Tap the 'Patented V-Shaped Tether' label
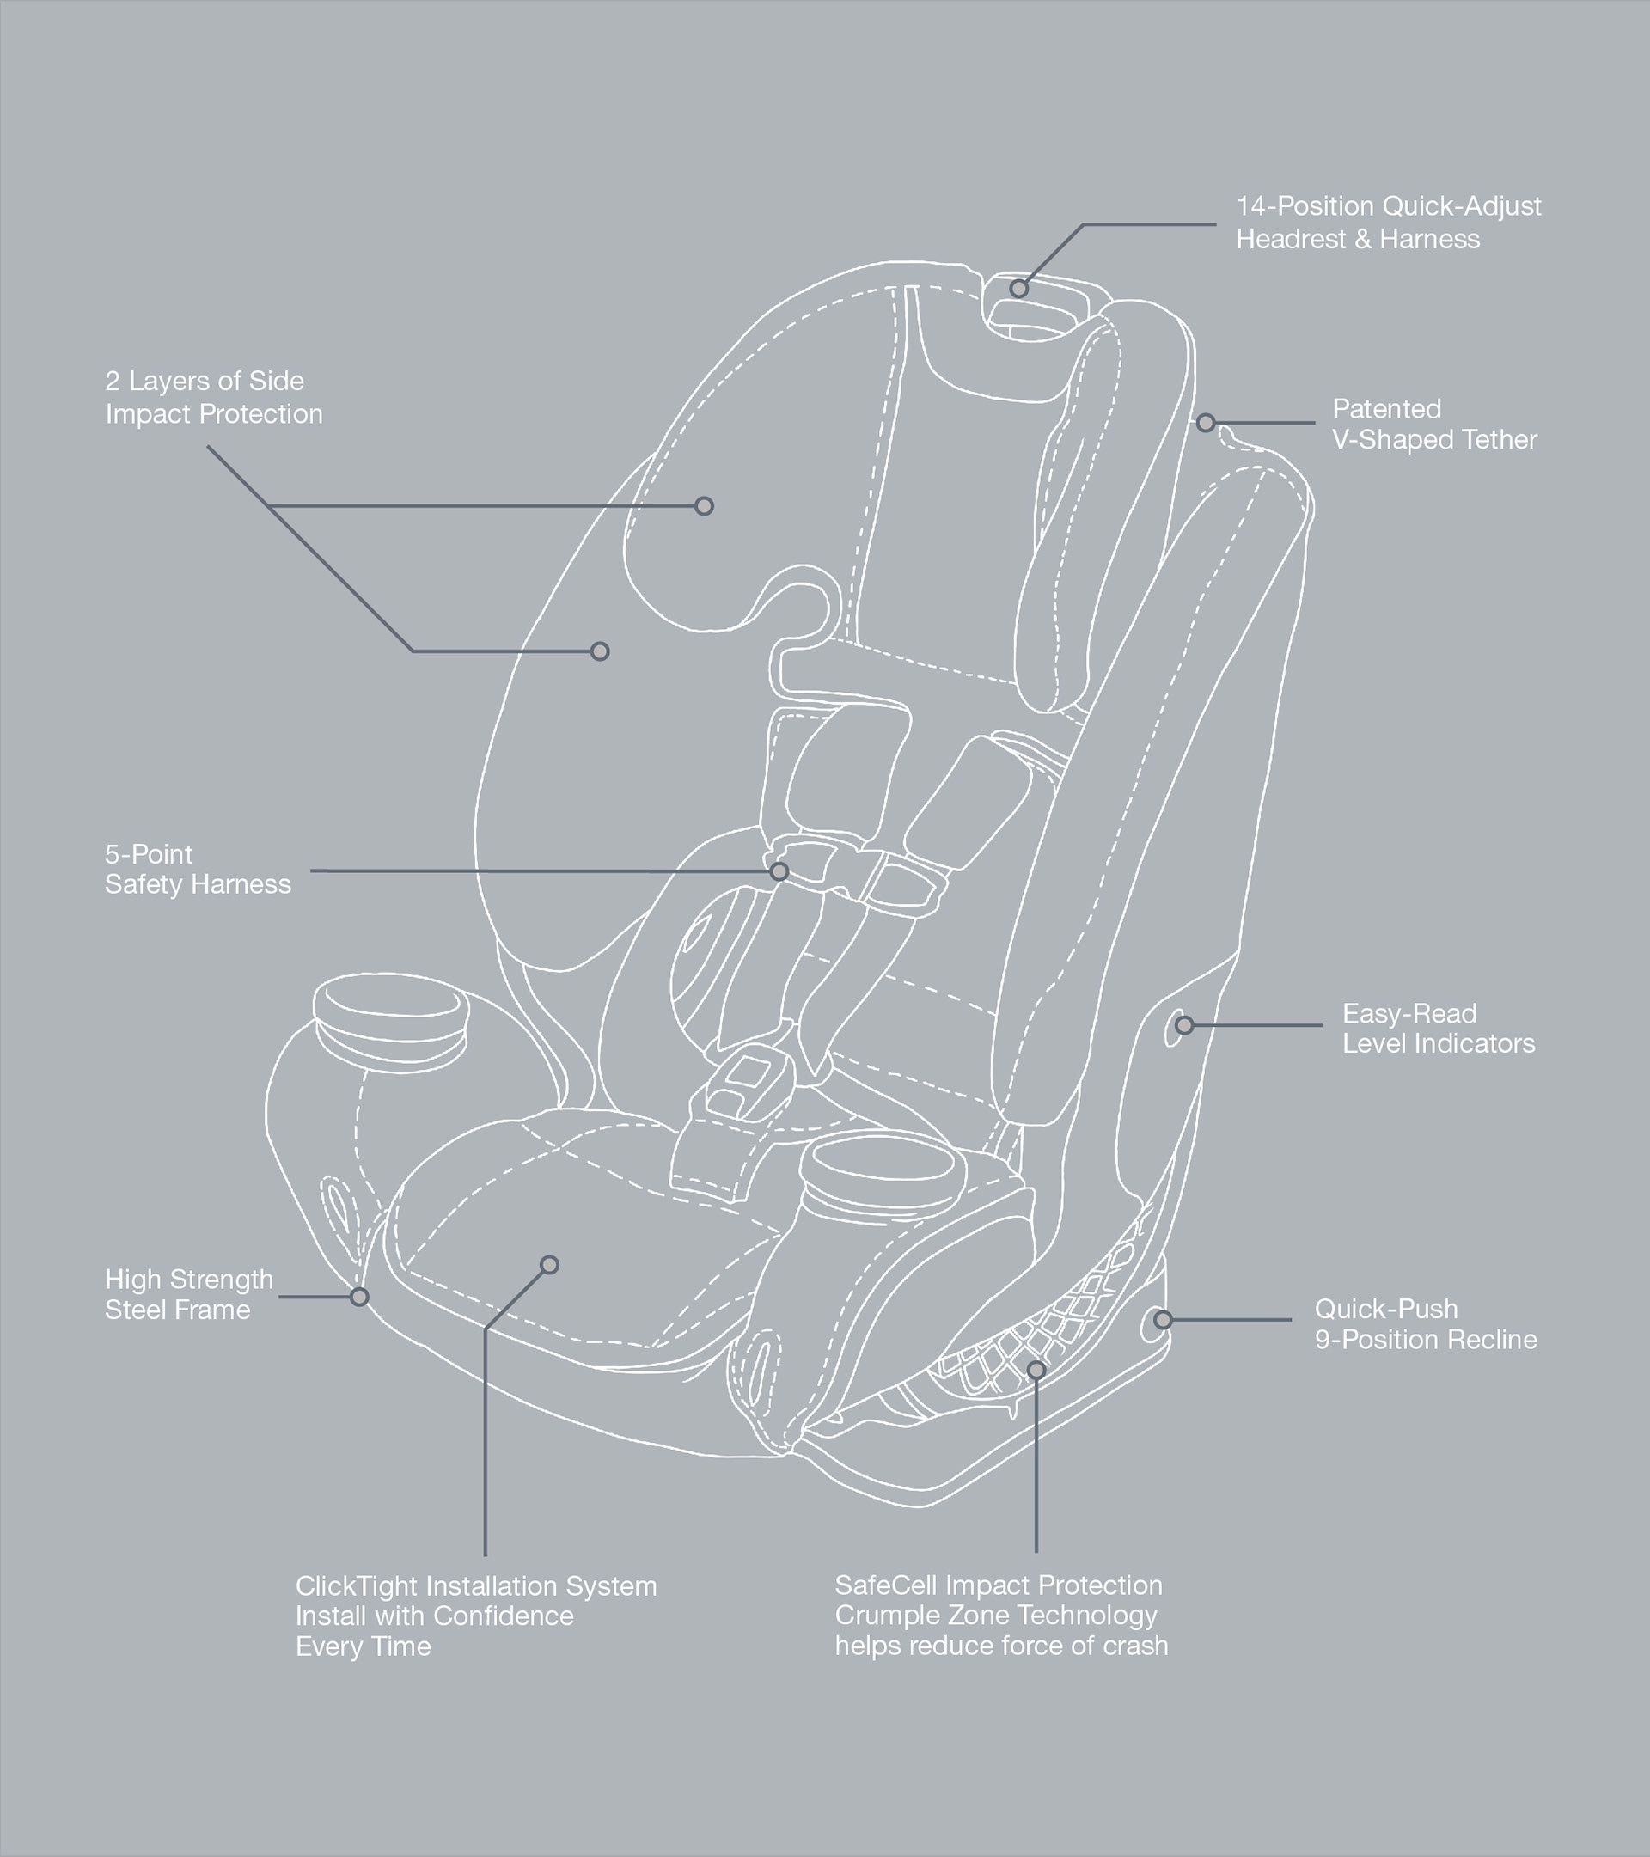pos(1433,425)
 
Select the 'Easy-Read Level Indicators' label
pos(1439,1029)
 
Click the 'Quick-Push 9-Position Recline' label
pos(1425,1323)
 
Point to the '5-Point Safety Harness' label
pos(197,870)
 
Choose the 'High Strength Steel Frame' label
pos(188,1295)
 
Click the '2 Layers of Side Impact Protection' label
pos(213,398)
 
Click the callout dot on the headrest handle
pos(1018,289)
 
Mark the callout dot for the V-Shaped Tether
pos(1206,423)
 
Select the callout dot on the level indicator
pos(1184,1026)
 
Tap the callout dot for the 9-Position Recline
pos(1163,1319)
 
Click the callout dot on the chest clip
pos(779,872)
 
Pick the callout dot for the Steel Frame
pos(360,1297)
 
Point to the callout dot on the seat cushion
pos(549,1265)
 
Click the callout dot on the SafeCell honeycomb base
pos(1036,1370)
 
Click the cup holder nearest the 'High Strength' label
pos(390,1011)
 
